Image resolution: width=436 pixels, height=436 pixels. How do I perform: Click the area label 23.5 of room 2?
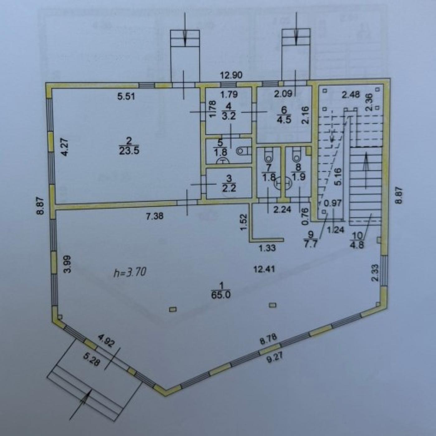click(129, 151)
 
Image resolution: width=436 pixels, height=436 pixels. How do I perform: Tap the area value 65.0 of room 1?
click(221, 295)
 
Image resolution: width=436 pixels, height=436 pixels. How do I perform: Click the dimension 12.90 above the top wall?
click(232, 74)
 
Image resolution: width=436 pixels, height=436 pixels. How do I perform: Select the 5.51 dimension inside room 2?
click(126, 97)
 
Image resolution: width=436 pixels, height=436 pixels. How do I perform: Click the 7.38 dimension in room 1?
click(154, 216)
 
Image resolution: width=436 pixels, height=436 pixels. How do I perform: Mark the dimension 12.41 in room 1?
click(264, 269)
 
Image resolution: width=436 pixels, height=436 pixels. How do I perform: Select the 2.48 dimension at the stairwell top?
click(350, 95)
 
